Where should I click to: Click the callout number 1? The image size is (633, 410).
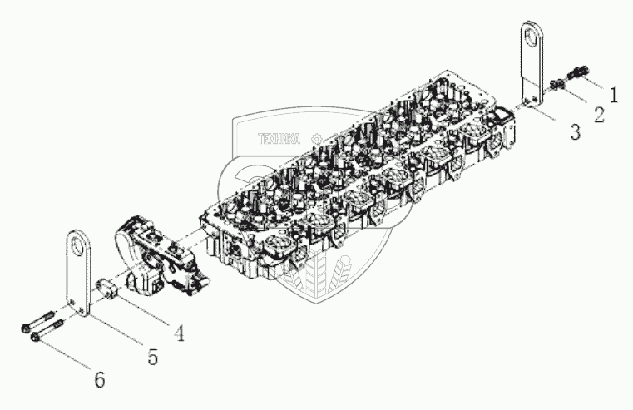click(x=613, y=95)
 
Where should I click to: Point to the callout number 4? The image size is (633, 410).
click(x=177, y=333)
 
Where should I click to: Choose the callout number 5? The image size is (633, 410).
click(x=151, y=357)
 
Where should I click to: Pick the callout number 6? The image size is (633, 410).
click(x=99, y=381)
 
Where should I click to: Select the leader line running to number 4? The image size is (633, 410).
click(x=146, y=308)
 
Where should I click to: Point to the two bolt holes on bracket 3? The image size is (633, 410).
click(x=528, y=104)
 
